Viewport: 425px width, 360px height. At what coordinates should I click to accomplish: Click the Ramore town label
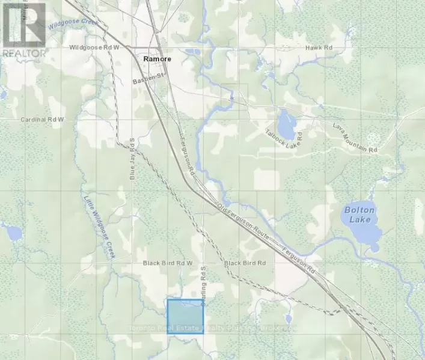click(x=157, y=59)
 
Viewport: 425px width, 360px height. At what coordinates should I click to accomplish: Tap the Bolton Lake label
click(x=359, y=215)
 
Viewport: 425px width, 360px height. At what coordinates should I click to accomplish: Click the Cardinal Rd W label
click(x=41, y=120)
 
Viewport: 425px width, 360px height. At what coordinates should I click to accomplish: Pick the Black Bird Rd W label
click(x=167, y=263)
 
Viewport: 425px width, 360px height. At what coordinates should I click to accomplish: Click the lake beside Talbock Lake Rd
click(x=286, y=123)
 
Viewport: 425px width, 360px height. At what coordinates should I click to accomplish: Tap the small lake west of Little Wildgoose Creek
click(x=13, y=231)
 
